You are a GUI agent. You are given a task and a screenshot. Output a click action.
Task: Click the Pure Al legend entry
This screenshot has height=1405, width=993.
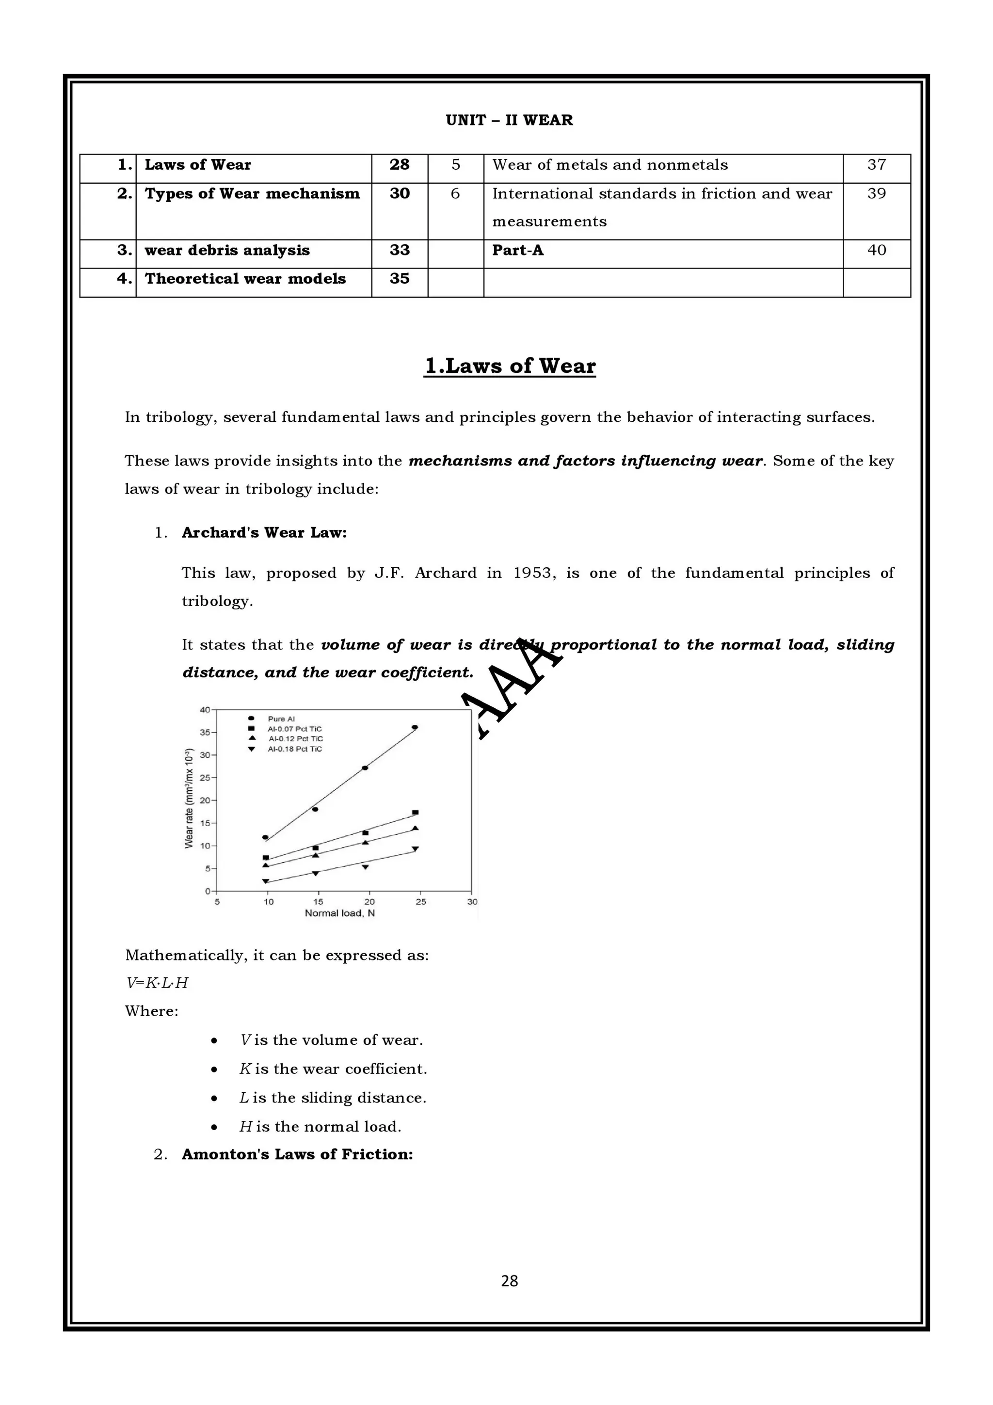(281, 718)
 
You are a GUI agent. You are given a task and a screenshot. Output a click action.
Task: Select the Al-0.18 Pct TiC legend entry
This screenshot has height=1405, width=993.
(294, 749)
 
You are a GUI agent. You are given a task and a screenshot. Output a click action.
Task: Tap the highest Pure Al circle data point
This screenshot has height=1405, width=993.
(415, 727)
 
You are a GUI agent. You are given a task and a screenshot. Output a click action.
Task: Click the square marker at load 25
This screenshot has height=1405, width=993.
(416, 813)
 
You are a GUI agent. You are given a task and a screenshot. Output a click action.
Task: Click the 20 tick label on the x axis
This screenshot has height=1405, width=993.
(369, 901)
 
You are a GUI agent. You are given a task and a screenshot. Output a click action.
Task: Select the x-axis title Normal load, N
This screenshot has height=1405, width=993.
(339, 913)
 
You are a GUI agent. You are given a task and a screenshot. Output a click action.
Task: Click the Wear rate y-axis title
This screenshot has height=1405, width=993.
(189, 798)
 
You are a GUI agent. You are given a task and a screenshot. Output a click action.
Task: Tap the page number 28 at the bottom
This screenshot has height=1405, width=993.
(509, 1280)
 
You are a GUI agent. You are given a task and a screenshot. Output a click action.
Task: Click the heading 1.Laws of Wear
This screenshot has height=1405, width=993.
(510, 366)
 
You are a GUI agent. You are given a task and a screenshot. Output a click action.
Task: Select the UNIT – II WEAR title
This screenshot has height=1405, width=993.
(509, 120)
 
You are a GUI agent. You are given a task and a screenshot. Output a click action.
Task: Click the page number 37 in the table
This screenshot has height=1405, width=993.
(876, 165)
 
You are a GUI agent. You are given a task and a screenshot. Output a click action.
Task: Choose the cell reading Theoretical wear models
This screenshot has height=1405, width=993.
(245, 279)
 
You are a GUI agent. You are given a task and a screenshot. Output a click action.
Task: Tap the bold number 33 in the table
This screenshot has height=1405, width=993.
(400, 250)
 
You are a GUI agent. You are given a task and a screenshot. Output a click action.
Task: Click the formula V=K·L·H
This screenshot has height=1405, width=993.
(157, 983)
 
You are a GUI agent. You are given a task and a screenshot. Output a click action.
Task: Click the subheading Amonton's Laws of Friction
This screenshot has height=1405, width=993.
(297, 1154)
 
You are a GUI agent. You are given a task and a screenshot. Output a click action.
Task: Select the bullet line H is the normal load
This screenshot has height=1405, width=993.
(320, 1127)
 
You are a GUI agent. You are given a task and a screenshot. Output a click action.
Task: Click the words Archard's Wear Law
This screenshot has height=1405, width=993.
(264, 532)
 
